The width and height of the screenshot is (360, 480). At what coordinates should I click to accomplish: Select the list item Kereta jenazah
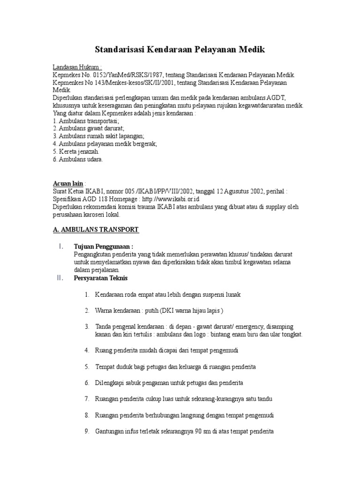(79, 151)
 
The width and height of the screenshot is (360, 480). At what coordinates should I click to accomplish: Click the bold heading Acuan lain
(67, 183)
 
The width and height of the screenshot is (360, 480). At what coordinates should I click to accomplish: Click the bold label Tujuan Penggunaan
(104, 247)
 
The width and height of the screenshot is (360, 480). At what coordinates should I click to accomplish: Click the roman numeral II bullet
(60, 278)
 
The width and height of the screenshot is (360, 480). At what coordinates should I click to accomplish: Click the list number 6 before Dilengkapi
(87, 382)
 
